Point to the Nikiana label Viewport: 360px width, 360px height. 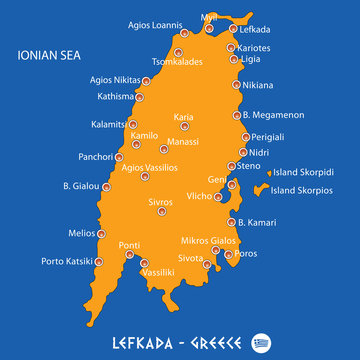click(259, 85)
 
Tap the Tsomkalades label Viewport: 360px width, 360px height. click(177, 60)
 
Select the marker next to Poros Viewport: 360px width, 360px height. click(227, 254)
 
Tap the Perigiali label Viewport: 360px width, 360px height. click(269, 136)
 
